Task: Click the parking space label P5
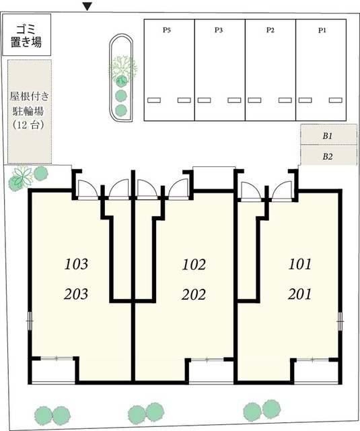point(167,30)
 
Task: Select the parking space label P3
point(219,30)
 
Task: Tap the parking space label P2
point(270,30)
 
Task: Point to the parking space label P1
point(322,30)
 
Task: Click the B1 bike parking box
point(328,135)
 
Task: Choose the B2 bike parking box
point(328,157)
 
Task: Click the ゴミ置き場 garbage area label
point(26,36)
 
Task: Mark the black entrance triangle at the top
point(87,7)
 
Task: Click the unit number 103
point(77,264)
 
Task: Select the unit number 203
point(77,294)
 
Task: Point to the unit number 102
point(194,264)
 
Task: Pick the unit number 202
point(194,294)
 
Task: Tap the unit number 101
point(299,264)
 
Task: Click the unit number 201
point(299,294)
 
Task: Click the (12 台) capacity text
point(29,125)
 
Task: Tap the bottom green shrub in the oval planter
point(121,110)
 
